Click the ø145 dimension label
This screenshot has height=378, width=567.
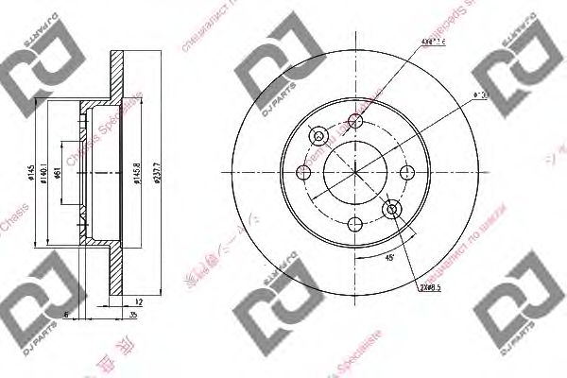pos(31,173)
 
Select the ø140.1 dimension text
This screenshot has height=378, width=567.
pos(45,173)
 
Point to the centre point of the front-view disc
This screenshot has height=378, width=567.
pos(356,172)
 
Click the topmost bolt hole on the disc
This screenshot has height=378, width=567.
pos(356,120)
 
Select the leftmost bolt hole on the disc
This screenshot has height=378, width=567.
pos(304,172)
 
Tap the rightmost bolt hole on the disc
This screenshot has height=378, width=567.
pos(408,172)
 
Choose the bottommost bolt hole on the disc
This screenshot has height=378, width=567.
pos(356,224)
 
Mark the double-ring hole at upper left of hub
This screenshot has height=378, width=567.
pos(319,135)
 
